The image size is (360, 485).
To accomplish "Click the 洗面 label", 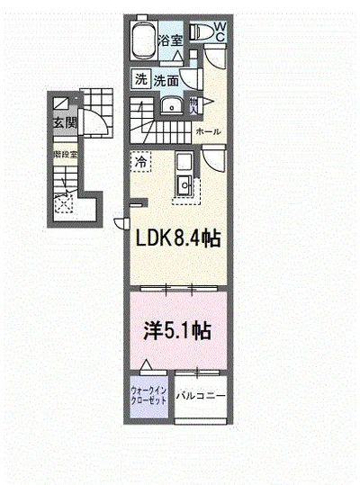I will tap(165, 81).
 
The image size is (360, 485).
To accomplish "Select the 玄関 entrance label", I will tap(62, 123).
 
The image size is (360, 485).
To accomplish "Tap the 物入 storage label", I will tap(193, 107).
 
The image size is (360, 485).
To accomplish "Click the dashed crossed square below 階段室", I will tap(63, 203).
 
